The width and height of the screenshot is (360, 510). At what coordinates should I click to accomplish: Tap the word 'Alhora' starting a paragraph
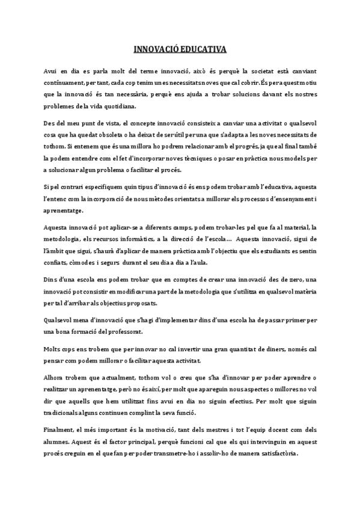click(56, 378)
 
